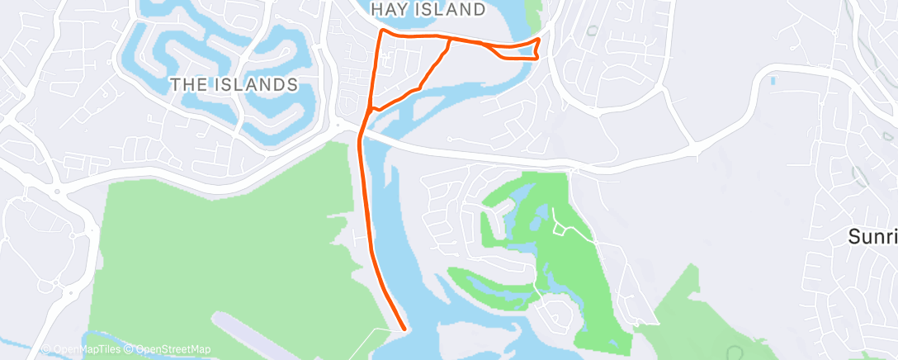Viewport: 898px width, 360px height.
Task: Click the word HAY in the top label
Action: pos(390,10)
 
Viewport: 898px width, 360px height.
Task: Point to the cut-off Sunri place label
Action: pos(873,237)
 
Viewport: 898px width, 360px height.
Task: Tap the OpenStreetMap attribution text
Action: pos(173,350)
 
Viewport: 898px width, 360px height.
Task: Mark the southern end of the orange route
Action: pos(404,328)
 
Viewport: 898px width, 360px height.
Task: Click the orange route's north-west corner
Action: pos(380,31)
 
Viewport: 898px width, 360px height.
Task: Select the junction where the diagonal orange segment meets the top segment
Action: pos(448,38)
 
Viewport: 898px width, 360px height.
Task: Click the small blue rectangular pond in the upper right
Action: pos(773,81)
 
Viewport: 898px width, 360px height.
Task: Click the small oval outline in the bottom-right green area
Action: pos(731,353)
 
